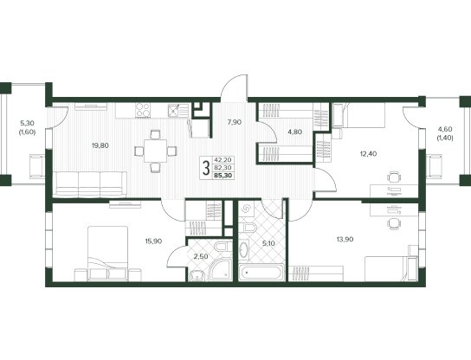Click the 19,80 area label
(x=100, y=145)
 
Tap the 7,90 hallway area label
(x=235, y=122)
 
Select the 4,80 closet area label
(x=294, y=132)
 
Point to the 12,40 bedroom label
(x=368, y=154)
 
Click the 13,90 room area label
(x=345, y=240)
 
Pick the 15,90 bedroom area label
(x=154, y=241)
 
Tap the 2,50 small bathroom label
(x=200, y=257)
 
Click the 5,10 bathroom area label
(x=269, y=243)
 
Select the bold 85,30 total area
(x=223, y=176)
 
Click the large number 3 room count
(x=206, y=168)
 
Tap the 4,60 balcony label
(x=445, y=130)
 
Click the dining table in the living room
(x=155, y=151)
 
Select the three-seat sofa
(x=90, y=183)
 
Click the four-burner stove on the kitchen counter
(x=143, y=110)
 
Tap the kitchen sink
(x=178, y=111)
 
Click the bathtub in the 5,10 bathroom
(x=261, y=273)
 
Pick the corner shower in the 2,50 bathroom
(x=222, y=271)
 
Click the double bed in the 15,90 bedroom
(x=108, y=254)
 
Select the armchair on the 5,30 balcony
(x=37, y=166)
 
